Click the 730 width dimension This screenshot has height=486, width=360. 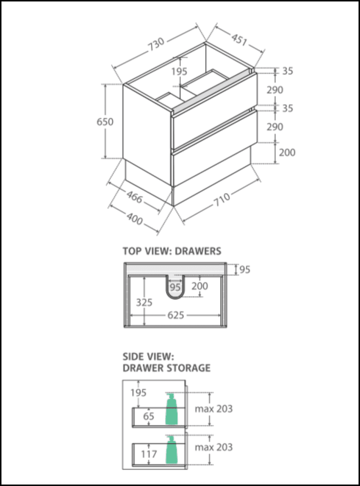coord(156,45)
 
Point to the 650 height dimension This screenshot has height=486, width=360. coord(105,121)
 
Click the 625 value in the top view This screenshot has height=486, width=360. coord(176,315)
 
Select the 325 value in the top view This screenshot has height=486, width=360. coord(144,302)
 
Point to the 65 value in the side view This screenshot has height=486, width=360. coord(149,416)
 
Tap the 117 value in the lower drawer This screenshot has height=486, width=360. coord(149,454)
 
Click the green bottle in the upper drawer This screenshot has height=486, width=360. coord(171,409)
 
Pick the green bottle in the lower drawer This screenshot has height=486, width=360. coord(171,451)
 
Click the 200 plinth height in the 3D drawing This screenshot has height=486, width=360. coord(287,152)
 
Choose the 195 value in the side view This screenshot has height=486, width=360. coord(138,392)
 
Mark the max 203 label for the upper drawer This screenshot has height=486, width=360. coord(214,409)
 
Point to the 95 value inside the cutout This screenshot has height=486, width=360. coord(175,287)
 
